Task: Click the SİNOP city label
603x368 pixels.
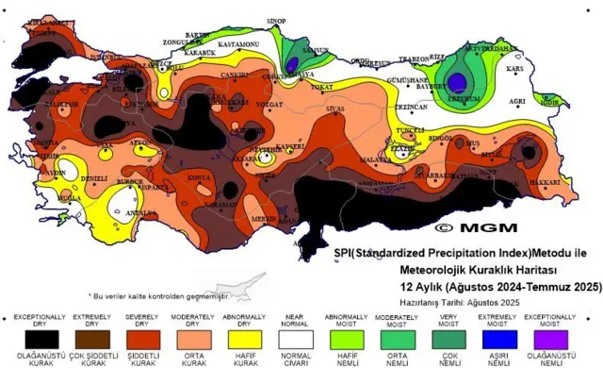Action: (276, 20)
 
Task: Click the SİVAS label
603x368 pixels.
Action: (335, 109)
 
